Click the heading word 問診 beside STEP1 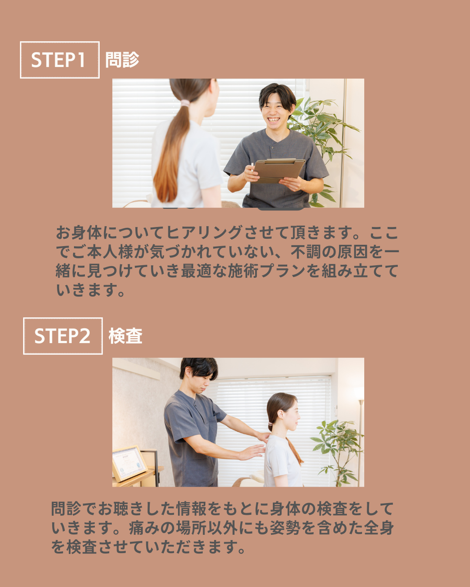point(122,60)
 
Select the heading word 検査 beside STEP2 point(125,336)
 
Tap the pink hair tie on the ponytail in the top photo point(185,103)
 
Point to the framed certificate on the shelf point(129,463)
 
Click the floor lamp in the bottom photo point(359,437)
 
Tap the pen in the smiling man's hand point(252,167)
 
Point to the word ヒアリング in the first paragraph point(204,233)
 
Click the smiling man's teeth point(273,119)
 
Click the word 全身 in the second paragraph point(379,528)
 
